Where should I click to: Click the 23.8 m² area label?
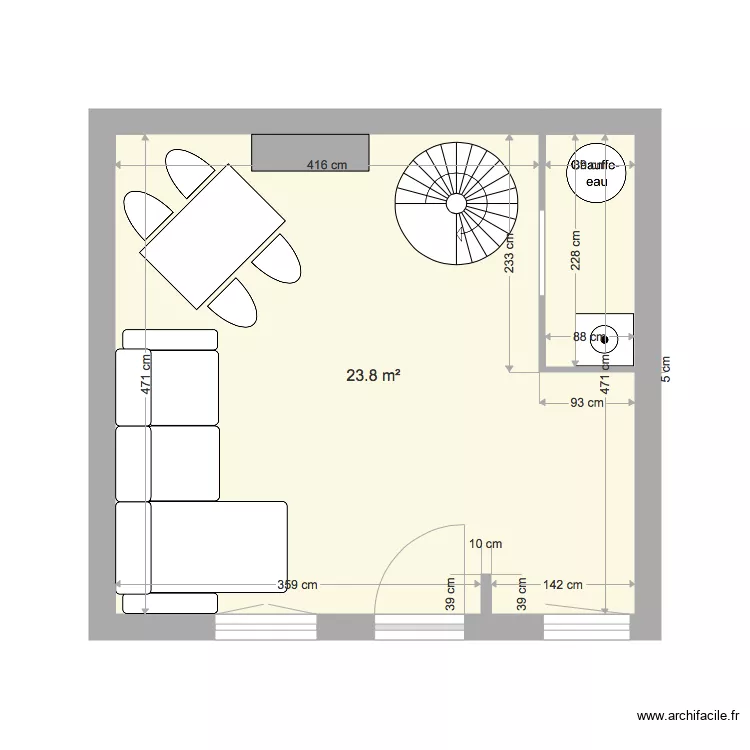373,376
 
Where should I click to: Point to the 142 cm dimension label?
561,585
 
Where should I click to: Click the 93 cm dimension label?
586,403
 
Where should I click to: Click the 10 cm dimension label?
485,544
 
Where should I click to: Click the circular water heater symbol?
597,172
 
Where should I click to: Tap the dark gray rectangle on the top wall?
310,151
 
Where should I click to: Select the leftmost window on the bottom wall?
266,627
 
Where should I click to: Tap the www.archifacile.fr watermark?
688,716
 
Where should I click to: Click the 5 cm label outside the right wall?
665,370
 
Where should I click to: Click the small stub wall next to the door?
486,606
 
